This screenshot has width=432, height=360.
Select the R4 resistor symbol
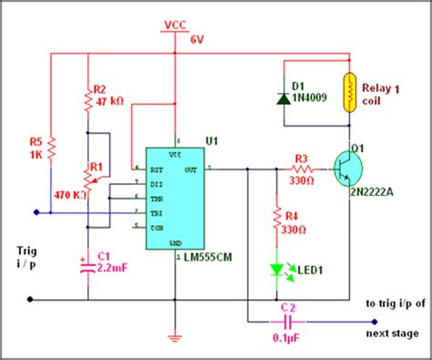(x=274, y=220)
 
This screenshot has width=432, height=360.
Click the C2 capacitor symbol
(x=289, y=321)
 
